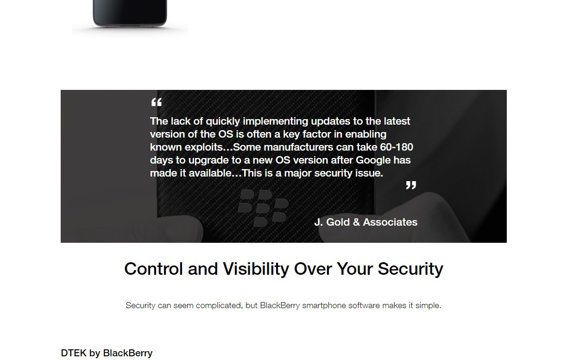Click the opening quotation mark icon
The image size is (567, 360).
[157, 102]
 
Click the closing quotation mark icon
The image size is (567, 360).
[411, 185]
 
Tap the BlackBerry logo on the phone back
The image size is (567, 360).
[263, 208]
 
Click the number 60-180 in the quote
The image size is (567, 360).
[397, 147]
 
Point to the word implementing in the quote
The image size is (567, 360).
[276, 121]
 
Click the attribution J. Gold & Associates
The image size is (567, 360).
[366, 222]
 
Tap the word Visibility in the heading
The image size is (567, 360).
[256, 269]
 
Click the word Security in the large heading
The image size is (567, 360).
[410, 269]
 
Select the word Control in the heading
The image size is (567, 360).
[153, 269]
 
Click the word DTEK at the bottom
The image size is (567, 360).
[73, 353]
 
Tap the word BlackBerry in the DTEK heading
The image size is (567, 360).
[128, 353]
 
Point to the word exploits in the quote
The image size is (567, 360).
[208, 147]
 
